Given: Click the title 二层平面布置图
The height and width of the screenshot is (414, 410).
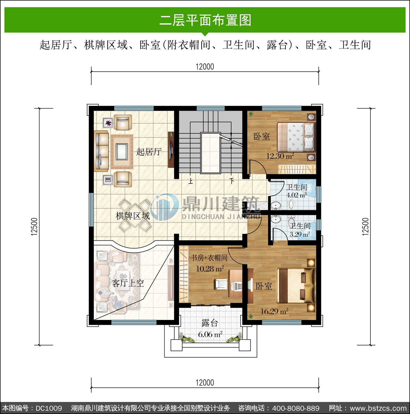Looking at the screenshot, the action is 205,20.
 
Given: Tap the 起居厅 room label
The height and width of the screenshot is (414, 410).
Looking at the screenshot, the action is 149,151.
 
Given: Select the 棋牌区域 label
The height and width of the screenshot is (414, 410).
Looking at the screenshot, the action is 133,216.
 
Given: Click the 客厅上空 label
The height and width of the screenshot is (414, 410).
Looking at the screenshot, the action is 128,283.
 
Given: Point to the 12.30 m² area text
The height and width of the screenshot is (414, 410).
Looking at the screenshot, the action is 280,156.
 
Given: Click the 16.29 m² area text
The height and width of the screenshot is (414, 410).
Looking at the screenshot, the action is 274,311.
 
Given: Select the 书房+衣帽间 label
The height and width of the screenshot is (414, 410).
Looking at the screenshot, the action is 209,258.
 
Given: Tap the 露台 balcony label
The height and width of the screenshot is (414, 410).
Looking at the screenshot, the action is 210,323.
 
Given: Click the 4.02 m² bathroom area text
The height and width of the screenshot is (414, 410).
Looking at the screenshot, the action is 297,195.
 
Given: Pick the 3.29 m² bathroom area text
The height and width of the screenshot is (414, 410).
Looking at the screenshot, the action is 300,234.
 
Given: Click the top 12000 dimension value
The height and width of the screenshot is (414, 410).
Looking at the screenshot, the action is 205,67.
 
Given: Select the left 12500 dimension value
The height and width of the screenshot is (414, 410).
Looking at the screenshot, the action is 34,227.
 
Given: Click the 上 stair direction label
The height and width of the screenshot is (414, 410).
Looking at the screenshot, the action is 191,181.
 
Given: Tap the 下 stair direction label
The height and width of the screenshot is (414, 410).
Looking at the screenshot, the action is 232,181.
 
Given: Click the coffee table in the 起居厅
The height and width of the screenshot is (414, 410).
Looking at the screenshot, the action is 122,151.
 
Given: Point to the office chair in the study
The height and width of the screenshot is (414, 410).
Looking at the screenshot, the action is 221,284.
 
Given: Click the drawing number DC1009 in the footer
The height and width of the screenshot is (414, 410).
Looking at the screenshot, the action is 49,408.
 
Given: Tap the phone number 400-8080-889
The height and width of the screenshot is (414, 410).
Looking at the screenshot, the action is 296,408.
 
